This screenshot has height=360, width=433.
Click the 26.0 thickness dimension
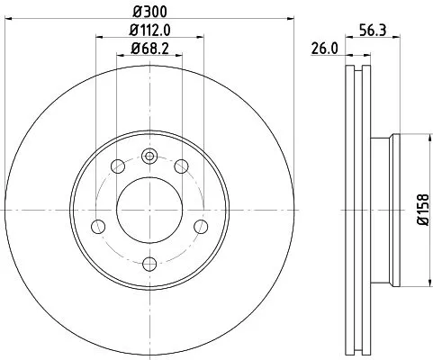pyautogui.click(x=324, y=49)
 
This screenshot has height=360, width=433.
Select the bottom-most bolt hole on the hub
pyautogui.click(x=150, y=263)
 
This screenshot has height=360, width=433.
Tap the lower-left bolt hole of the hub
pyautogui.click(x=100, y=226)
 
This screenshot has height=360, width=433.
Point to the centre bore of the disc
pyautogui.click(x=150, y=209)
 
